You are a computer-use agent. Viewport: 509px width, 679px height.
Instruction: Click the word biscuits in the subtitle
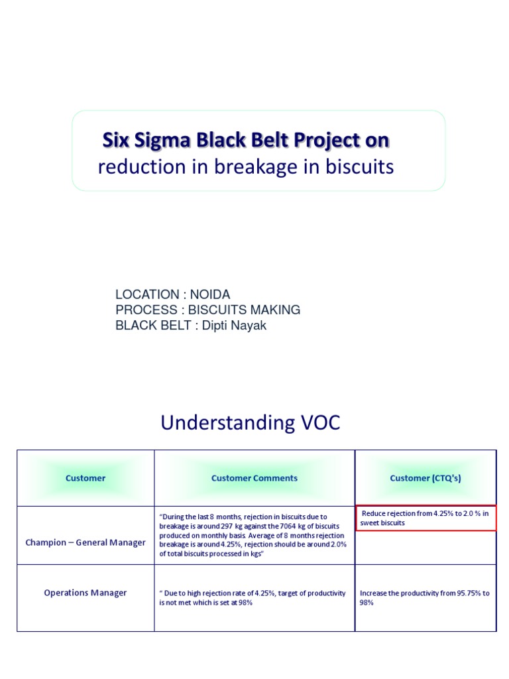click(x=359, y=167)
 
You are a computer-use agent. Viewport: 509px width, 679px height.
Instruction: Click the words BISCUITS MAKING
click(x=245, y=310)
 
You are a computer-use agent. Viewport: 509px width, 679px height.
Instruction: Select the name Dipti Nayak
click(x=234, y=326)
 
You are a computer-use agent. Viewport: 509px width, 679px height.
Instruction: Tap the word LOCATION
click(x=147, y=294)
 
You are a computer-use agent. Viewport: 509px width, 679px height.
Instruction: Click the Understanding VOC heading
click(x=251, y=423)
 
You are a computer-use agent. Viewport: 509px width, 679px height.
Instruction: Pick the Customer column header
click(x=85, y=478)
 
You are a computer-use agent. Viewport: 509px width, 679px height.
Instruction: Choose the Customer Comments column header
click(x=254, y=478)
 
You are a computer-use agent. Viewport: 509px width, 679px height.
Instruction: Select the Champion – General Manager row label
click(x=85, y=542)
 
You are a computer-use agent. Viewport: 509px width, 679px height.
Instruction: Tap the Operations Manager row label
click(x=85, y=593)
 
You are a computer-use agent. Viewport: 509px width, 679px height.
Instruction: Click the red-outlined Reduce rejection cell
click(x=425, y=518)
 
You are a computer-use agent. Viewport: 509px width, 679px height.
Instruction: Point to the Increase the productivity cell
click(x=425, y=598)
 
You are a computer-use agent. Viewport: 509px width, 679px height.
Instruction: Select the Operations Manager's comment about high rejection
click(x=253, y=598)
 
